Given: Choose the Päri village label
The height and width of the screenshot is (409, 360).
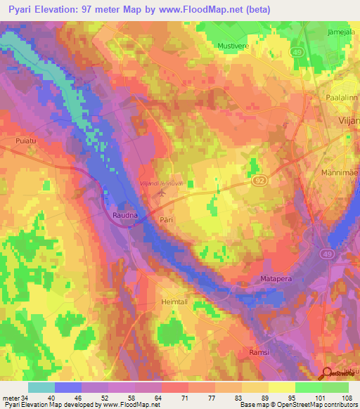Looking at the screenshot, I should [x=165, y=219].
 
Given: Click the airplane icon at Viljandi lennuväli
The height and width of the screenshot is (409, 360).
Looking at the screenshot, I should [x=164, y=191].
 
